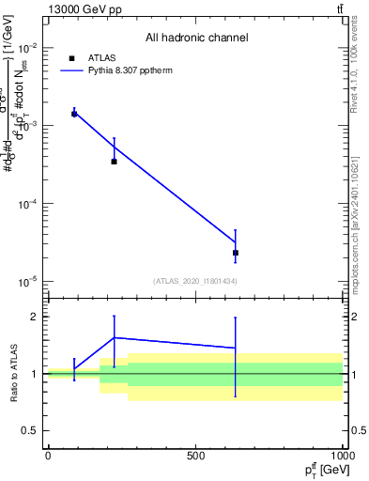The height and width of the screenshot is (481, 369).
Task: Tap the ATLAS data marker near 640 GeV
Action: click(x=236, y=253)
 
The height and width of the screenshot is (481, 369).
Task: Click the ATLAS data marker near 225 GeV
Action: click(x=114, y=162)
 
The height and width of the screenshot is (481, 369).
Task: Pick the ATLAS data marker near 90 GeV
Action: click(x=74, y=114)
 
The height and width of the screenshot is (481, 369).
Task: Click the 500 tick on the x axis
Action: click(x=195, y=457)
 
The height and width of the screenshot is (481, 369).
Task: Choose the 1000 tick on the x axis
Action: click(x=343, y=457)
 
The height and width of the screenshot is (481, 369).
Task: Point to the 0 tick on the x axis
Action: click(x=48, y=457)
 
